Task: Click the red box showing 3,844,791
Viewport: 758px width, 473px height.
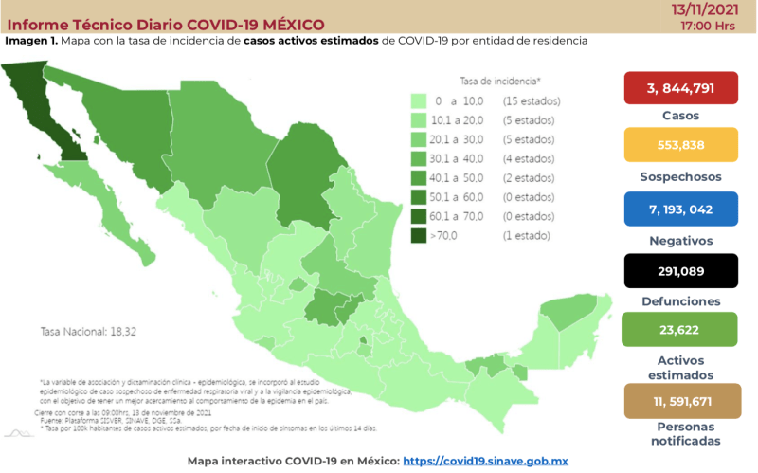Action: point(679,88)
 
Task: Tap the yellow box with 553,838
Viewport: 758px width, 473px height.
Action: point(679,149)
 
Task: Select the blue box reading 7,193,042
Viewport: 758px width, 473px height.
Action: point(679,209)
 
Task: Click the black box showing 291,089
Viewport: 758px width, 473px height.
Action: point(679,270)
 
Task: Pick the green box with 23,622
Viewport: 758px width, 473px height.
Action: point(679,331)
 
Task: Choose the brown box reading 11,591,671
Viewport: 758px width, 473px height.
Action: point(679,402)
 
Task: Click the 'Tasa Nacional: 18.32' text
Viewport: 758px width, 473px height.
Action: point(82,332)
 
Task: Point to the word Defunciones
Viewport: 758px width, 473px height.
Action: point(679,301)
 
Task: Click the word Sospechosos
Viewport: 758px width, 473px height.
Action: point(679,177)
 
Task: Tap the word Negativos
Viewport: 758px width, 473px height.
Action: point(679,241)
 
